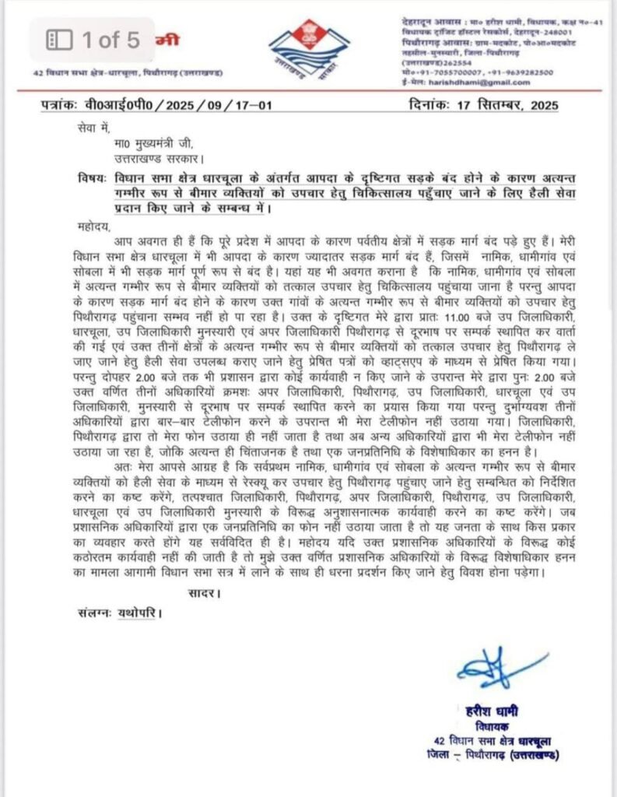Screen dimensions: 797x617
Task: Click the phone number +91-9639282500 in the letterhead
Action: click(x=519, y=72)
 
